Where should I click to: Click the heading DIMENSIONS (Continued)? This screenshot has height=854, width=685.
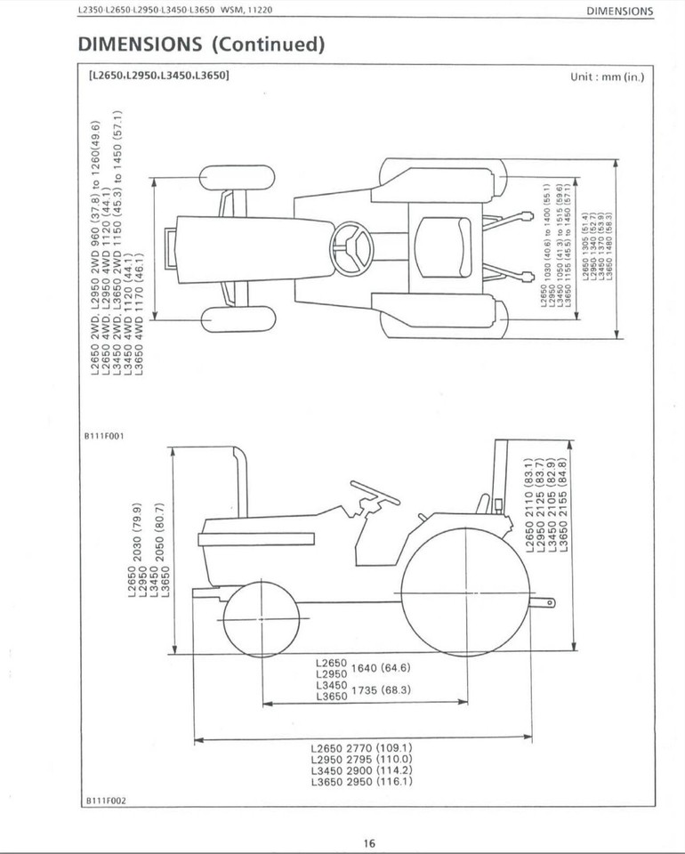(201, 44)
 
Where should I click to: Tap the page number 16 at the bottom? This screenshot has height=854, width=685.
(369, 843)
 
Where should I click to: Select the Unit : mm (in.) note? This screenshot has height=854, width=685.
(607, 77)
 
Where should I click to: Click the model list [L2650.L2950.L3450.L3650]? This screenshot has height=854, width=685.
(158, 76)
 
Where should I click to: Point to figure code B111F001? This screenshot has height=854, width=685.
(104, 436)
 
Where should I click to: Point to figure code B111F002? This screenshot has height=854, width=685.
(104, 800)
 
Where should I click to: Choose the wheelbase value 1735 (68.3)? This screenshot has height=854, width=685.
(381, 690)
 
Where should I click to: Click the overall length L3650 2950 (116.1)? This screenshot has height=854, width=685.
(361, 782)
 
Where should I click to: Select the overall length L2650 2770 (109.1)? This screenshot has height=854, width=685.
(361, 747)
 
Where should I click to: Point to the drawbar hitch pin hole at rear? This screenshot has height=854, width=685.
(549, 603)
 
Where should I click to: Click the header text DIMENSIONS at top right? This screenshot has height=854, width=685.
(619, 12)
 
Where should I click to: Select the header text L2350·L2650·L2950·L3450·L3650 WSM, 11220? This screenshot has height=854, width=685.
(174, 11)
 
